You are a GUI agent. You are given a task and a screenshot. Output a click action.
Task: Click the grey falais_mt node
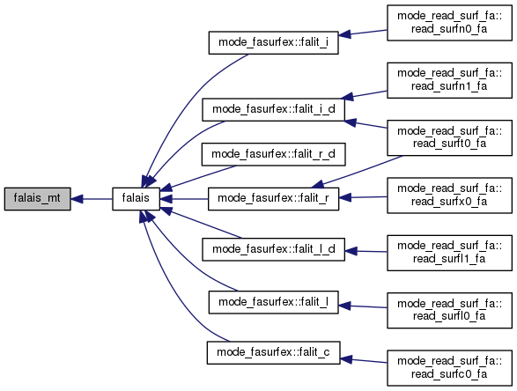click(x=37, y=199)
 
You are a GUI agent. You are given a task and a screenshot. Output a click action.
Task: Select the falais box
click(x=136, y=199)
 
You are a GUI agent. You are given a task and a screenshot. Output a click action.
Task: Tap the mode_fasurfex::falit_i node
click(x=273, y=43)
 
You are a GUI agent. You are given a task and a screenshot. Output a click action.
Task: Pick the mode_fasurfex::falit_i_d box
click(x=273, y=109)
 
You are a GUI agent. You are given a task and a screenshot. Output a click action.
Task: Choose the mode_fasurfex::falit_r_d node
click(x=273, y=154)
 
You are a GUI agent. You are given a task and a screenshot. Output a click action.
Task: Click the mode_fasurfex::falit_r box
click(x=273, y=199)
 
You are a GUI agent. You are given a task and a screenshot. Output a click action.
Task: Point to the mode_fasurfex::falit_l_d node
click(x=273, y=249)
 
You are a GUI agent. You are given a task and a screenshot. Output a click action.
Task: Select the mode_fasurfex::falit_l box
click(x=273, y=302)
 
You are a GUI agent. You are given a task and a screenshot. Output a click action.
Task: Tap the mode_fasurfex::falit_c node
click(x=273, y=353)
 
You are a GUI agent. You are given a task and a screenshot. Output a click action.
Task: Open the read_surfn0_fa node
click(x=449, y=23)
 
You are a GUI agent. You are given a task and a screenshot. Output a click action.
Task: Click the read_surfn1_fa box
click(x=449, y=80)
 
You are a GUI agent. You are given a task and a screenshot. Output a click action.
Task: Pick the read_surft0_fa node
click(x=449, y=137)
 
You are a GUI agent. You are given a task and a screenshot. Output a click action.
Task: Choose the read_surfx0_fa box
click(x=449, y=195)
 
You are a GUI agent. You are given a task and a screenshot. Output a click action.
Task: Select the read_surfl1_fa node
click(x=449, y=253)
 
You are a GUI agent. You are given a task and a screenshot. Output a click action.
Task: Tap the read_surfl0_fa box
click(x=449, y=310)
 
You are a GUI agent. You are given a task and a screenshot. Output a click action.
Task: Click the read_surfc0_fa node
click(x=449, y=368)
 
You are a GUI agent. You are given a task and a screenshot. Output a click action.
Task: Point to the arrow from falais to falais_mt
click(x=92, y=199)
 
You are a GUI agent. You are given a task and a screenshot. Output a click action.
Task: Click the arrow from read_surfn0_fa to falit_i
click(x=363, y=33)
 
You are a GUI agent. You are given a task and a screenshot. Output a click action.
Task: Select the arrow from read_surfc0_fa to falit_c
click(x=364, y=360)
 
